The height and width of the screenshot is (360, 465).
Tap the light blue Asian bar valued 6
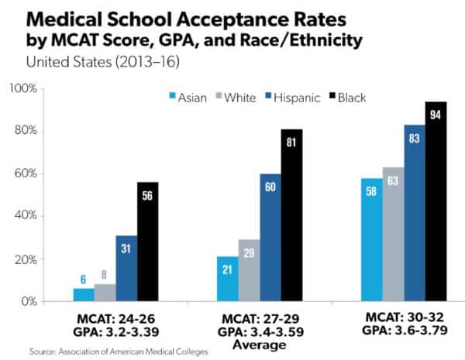click(84, 294)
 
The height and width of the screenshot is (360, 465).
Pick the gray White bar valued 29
click(249, 270)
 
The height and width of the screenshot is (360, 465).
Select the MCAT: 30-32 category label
click(403, 317)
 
